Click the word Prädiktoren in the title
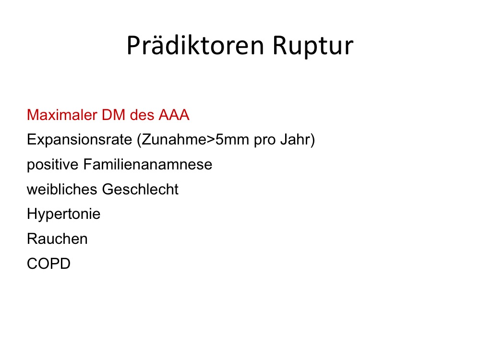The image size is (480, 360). [195, 45]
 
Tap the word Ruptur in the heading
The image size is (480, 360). [313, 46]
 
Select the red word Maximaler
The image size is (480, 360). [62, 115]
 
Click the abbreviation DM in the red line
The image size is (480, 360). [114, 115]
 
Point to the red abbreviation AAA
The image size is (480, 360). [174, 115]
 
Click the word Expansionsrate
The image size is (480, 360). [80, 140]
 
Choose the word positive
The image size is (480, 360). [53, 165]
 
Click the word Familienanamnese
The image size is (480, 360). [147, 164]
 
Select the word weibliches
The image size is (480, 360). [62, 189]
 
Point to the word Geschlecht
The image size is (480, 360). [140, 189]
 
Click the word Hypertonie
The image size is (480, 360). [64, 214]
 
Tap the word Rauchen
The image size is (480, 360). [57, 239]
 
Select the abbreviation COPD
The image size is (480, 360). [48, 264]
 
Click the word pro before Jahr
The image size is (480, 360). [265, 141]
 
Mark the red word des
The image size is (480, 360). [142, 115]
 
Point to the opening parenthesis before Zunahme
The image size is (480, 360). [139, 140]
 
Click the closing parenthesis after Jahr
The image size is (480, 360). [313, 140]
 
